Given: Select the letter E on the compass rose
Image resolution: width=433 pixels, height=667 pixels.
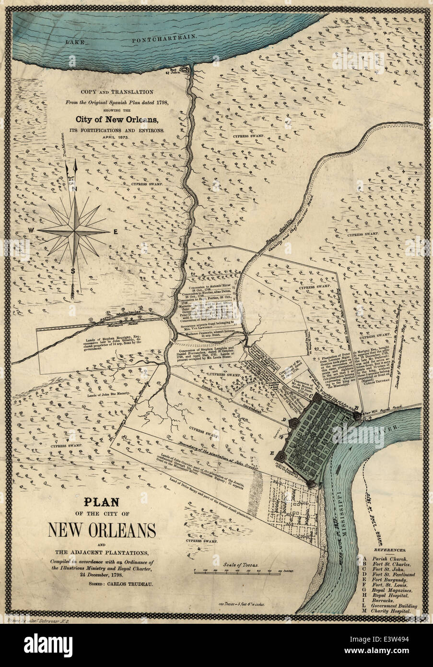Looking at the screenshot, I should pos(116,232).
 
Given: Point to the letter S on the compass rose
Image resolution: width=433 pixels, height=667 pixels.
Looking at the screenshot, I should pos(73,270).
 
